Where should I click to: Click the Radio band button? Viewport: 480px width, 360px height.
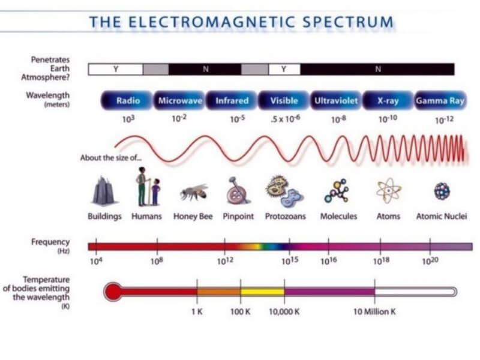[127, 100]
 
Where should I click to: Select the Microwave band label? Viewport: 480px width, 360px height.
[179, 100]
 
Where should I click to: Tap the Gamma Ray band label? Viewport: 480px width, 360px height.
[440, 100]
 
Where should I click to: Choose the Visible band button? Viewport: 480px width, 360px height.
[284, 100]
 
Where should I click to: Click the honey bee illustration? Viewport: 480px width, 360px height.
[194, 192]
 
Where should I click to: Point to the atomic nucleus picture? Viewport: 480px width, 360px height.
[442, 191]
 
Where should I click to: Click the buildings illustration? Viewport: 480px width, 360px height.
[104, 191]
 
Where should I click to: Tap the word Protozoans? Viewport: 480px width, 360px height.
[286, 217]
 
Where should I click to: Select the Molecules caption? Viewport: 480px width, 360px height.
[338, 217]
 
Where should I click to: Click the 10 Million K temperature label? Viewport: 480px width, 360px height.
[374, 312]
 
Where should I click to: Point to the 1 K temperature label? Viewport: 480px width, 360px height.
[197, 312]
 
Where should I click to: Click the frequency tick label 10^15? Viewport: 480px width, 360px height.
[290, 261]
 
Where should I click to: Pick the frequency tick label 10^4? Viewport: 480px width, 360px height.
[96, 261]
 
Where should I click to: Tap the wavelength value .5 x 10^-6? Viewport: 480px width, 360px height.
[286, 118]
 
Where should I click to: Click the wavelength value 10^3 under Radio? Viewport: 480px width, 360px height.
[128, 119]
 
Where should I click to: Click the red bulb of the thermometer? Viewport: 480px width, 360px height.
[113, 292]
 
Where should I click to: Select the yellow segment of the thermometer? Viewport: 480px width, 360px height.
[262, 292]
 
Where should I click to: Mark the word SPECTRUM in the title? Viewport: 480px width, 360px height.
[348, 22]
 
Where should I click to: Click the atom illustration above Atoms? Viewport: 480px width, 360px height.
[388, 191]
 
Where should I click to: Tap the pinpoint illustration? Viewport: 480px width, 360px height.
[238, 190]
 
